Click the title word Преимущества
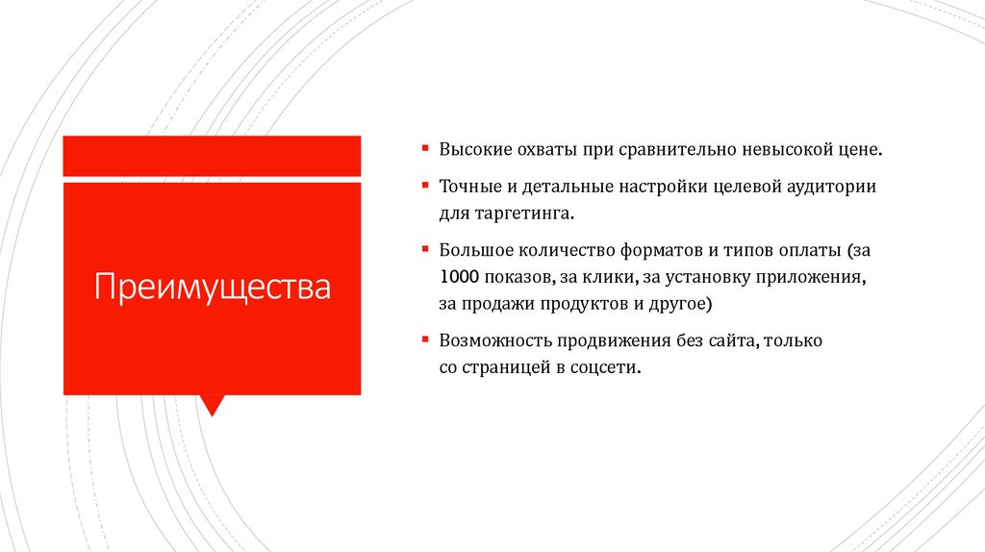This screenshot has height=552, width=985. coord(212,287)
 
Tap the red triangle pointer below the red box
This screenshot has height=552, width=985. coord(213,404)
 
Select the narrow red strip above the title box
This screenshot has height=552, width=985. coord(212,156)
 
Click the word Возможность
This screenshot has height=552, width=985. coord(491,340)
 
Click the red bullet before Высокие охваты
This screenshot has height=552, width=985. coord(424,150)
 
